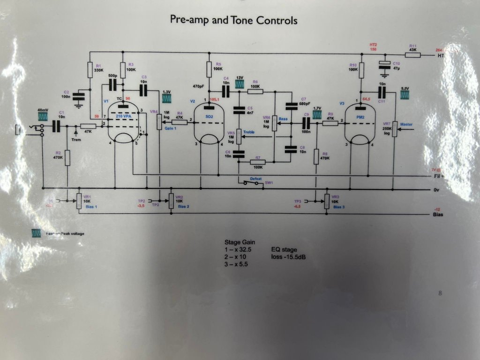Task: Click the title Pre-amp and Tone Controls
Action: tap(233, 21)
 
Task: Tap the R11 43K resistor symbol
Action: tap(412, 55)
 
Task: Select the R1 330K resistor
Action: tap(90, 70)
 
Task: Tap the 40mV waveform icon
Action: tap(43, 116)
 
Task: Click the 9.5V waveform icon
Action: tap(405, 94)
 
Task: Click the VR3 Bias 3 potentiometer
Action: tap(327, 202)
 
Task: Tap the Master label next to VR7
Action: tap(406, 124)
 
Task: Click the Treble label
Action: tap(249, 133)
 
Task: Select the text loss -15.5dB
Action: tap(289, 257)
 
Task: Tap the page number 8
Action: tap(440, 293)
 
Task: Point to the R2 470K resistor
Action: tap(67, 158)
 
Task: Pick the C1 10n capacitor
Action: tap(57, 126)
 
